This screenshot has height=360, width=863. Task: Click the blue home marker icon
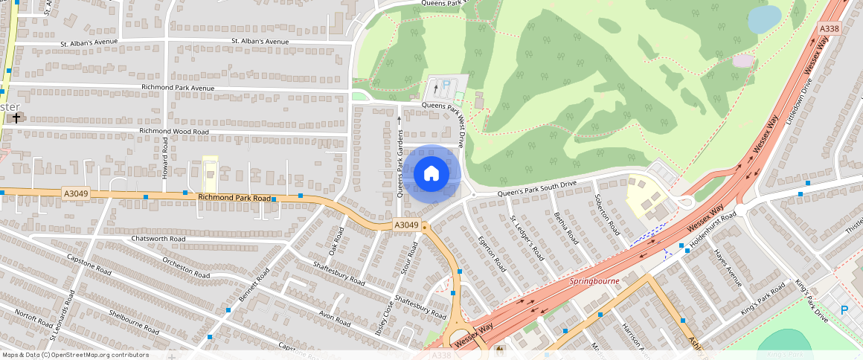click(x=431, y=174)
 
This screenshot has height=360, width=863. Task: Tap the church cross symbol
click(x=16, y=118)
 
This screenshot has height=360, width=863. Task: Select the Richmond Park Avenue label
click(x=177, y=88)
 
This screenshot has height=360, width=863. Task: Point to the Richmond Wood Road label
click(x=174, y=132)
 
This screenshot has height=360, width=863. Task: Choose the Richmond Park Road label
click(x=234, y=198)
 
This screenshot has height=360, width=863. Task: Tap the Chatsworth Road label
click(x=158, y=239)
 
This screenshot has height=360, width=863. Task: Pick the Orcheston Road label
click(x=187, y=265)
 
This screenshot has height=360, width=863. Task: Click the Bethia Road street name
click(x=565, y=228)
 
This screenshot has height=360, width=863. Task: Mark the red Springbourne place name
click(x=594, y=282)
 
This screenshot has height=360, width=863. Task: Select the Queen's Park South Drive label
click(x=536, y=189)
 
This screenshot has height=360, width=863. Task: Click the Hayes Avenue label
click(x=728, y=267)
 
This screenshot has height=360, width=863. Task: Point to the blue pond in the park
click(x=764, y=19)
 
